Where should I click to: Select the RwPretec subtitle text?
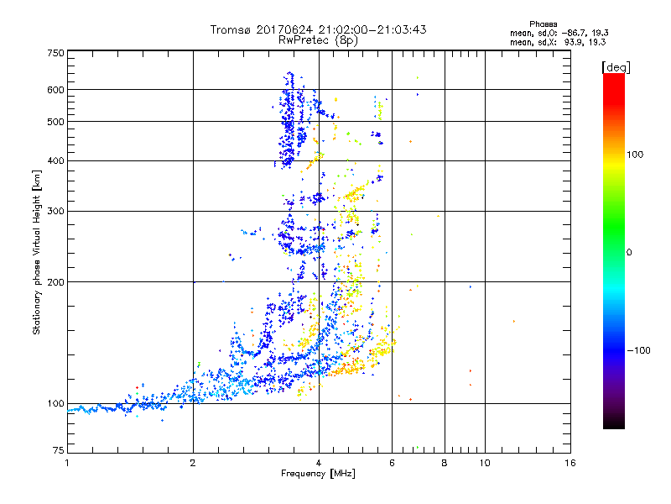click(307, 39)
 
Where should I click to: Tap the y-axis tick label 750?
click(56, 53)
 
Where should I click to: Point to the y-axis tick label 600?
click(56, 90)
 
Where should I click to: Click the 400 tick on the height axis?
click(56, 160)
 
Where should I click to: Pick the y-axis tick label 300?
click(56, 211)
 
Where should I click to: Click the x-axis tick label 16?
click(570, 463)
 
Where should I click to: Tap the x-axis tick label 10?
click(484, 463)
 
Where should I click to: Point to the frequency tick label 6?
click(392, 463)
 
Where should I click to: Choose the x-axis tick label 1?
click(67, 463)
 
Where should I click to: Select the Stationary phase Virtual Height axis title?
click(37, 252)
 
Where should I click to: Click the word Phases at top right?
click(544, 24)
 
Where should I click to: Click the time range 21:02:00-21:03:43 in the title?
click(365, 29)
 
